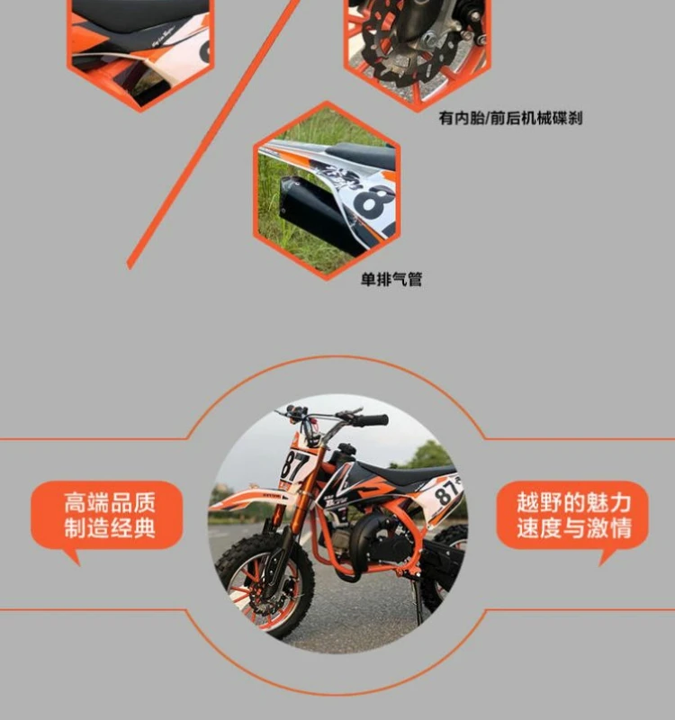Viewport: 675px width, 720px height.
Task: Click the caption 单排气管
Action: pyautogui.click(x=391, y=279)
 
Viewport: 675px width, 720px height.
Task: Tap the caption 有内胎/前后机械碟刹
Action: pyautogui.click(x=510, y=118)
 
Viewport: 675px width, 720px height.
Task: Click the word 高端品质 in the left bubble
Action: pyautogui.click(x=109, y=502)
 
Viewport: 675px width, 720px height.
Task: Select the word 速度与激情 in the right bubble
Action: pyautogui.click(x=574, y=528)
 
